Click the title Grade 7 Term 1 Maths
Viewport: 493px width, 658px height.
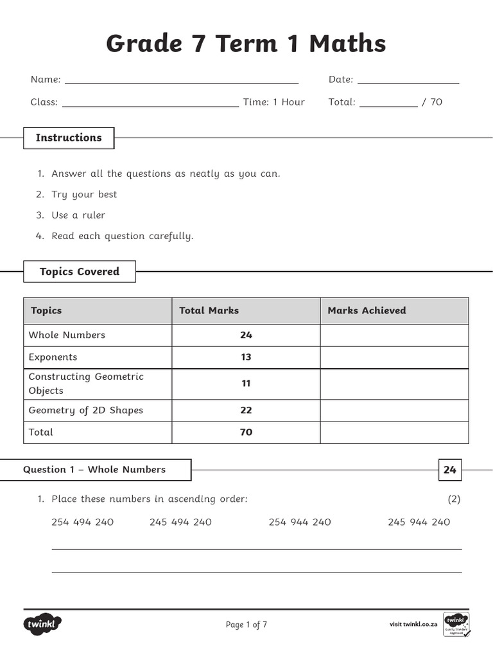(246, 44)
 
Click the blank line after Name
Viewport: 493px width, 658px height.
(182, 82)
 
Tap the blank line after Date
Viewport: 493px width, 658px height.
(408, 82)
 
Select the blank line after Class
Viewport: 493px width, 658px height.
(150, 104)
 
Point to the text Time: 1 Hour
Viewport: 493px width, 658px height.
(273, 102)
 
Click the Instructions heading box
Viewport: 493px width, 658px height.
(69, 138)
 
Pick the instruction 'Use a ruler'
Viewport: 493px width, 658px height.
(78, 215)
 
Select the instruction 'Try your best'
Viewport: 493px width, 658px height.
(84, 195)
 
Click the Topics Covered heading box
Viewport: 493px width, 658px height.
(80, 272)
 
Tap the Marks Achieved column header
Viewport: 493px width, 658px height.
(367, 311)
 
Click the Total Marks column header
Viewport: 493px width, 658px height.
(209, 311)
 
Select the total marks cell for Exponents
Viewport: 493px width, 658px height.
(246, 357)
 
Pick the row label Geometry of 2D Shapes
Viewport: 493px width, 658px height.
(85, 411)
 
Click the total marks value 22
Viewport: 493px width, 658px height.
(246, 411)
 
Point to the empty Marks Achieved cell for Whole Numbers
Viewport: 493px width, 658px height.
(394, 335)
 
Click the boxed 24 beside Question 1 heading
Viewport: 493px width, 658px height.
(449, 470)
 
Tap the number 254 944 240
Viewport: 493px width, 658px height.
(300, 522)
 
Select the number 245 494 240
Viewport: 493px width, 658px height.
(180, 522)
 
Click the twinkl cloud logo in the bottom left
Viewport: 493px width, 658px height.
(42, 624)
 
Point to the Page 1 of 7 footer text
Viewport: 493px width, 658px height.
(246, 625)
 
